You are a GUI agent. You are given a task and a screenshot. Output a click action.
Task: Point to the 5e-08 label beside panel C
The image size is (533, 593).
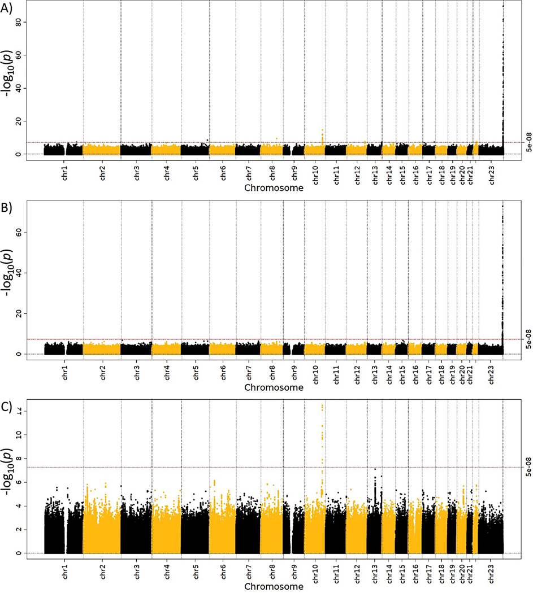(x=523, y=467)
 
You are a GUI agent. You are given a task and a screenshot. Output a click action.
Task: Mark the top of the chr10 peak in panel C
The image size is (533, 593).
(x=322, y=405)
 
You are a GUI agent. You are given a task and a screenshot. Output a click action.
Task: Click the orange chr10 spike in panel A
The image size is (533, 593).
(x=322, y=134)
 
